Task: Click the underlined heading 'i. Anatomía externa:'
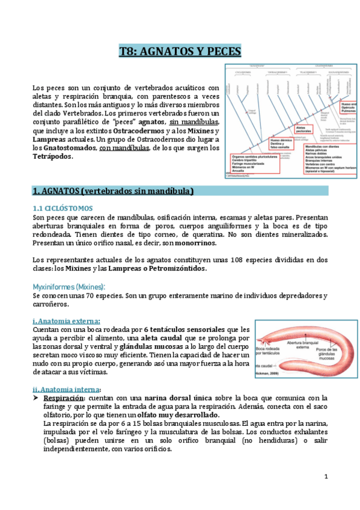pyautogui.click(x=67, y=321)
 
